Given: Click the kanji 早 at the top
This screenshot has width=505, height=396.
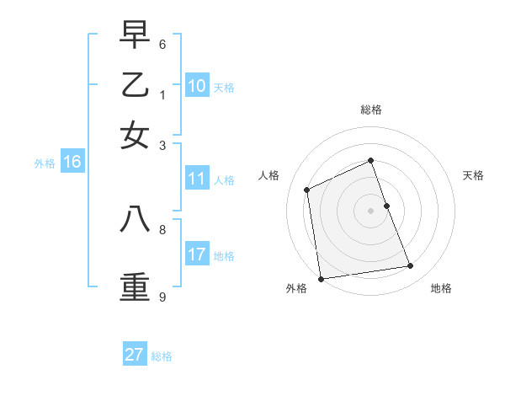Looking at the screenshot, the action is pos(135,35).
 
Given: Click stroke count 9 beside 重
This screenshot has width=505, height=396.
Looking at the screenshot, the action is pos(162,297).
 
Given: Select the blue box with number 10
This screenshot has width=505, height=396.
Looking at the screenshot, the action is pos(197,85).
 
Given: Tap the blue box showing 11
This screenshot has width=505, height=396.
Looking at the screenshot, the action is pos(197,179).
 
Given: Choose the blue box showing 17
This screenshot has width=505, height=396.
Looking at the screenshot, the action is pos(197,254).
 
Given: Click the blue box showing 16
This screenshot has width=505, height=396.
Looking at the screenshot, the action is pos(72,163).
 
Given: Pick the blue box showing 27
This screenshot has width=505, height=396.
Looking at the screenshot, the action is pos(135,355).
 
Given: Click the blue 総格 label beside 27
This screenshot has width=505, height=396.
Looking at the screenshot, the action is pos(162,356).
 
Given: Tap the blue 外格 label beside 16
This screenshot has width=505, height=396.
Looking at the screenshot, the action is pos(45,164).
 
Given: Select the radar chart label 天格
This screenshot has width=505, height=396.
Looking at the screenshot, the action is pos(473,175).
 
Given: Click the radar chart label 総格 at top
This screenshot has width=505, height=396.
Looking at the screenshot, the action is pos(370,110).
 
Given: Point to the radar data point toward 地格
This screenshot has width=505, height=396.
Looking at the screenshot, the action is pos(411,266).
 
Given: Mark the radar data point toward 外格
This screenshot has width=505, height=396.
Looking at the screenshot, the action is pos(321,279).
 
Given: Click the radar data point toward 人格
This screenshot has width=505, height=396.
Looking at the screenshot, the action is pos(307,190).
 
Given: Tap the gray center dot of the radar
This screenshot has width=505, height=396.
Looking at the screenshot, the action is pos(370,210).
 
